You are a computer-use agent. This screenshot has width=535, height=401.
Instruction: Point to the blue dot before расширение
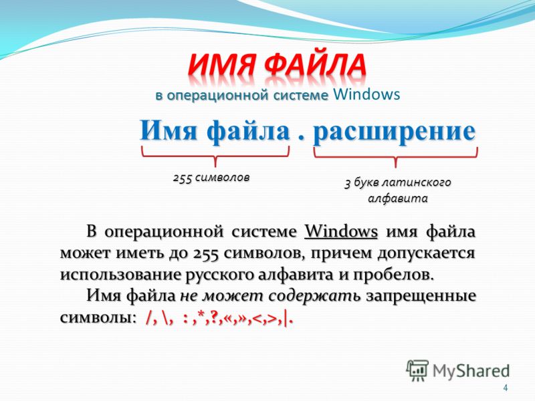pos(300,138)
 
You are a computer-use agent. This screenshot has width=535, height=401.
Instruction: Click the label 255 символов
pos(211,178)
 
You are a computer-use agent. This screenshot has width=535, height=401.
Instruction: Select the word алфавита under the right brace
pos(397,198)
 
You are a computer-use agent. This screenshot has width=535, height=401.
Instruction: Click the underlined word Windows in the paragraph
pos(341,232)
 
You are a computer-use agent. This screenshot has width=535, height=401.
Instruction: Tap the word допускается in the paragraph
pos(426,254)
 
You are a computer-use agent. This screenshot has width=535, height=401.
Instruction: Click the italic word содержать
pos(314,296)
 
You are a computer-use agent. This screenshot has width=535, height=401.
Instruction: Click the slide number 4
pos(506,388)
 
